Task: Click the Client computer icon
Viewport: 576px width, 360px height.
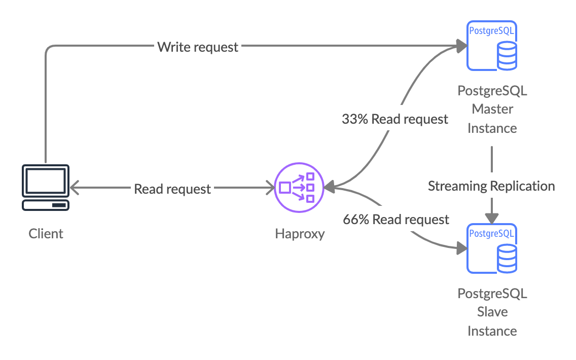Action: [46, 188]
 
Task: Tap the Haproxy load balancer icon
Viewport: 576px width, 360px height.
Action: [299, 188]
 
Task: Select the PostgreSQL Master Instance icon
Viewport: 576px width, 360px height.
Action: [491, 46]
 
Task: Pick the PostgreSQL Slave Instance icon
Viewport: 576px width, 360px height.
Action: [491, 248]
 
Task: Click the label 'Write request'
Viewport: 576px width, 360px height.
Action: [198, 47]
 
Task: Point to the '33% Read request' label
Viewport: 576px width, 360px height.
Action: [395, 119]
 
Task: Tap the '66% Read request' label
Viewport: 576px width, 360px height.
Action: [396, 220]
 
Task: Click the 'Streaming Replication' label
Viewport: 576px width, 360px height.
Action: [491, 186]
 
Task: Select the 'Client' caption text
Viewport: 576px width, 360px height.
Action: [46, 234]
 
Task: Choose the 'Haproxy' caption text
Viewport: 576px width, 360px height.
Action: [300, 234]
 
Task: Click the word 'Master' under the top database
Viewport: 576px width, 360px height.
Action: [492, 109]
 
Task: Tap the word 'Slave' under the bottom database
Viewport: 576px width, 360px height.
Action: [492, 312]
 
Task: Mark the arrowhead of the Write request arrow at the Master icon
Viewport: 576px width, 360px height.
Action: [461, 47]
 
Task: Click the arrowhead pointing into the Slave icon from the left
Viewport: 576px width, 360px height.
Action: [461, 248]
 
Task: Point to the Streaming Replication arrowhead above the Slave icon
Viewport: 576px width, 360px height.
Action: [491, 218]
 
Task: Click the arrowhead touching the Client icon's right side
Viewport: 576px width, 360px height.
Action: [75, 188]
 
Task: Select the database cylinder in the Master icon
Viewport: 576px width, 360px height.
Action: [507, 55]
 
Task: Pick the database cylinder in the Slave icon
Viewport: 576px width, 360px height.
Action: [507, 258]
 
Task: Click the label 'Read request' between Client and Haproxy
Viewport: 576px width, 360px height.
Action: [172, 189]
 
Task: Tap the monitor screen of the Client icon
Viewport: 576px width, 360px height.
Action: [46, 181]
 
